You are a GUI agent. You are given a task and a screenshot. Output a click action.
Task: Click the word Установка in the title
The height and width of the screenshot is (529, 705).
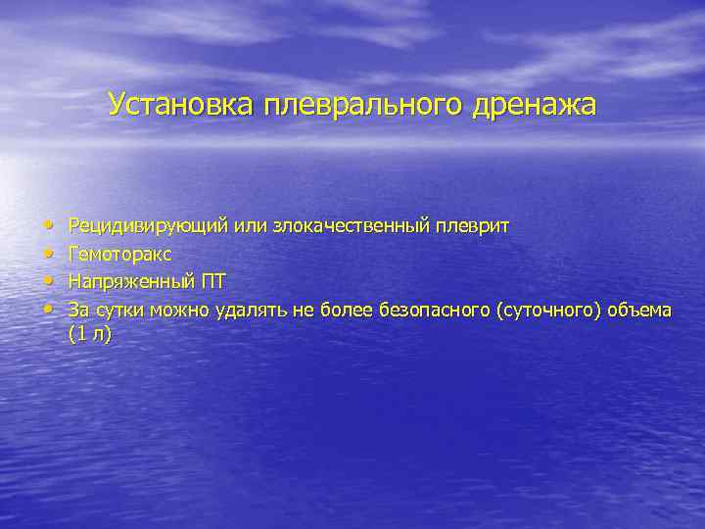pyautogui.click(x=180, y=104)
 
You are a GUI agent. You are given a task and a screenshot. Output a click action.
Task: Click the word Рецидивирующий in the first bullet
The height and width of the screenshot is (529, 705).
pyautogui.click(x=148, y=226)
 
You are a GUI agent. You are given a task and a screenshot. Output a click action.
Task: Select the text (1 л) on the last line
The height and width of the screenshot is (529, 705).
pyautogui.click(x=89, y=334)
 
